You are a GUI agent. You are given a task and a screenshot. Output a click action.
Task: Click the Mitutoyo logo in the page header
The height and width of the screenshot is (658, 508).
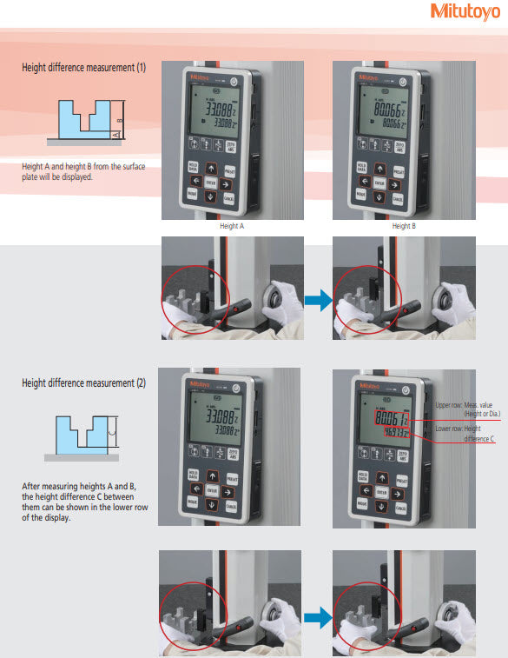coord(465,11)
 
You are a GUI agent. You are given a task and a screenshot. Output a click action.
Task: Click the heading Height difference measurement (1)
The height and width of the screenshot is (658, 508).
coord(84,67)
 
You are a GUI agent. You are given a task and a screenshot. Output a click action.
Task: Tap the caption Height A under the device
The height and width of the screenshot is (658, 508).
coord(233,226)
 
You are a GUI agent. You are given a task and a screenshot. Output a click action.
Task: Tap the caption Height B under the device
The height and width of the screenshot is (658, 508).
coord(405,226)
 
